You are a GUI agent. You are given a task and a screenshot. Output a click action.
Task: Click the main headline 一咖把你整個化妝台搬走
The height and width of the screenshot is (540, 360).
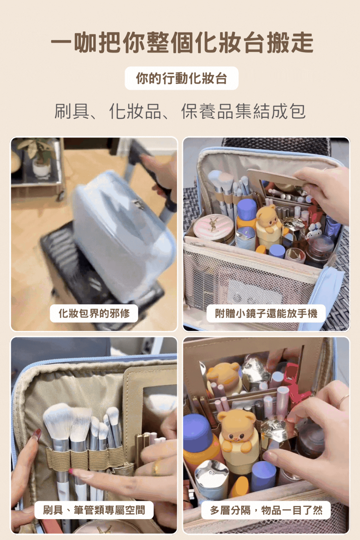pos(182,42)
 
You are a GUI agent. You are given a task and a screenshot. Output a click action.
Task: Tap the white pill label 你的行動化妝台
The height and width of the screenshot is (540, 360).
pos(181,78)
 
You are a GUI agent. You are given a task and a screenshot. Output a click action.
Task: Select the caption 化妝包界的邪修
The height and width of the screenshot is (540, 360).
pos(94,313)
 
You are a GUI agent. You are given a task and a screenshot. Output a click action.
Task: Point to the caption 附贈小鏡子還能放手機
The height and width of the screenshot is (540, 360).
pos(266,313)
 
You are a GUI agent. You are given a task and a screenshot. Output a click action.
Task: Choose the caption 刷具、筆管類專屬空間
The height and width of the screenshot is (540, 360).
pos(94,510)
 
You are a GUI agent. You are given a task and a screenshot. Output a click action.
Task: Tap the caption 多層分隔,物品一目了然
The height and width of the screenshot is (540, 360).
pos(266,510)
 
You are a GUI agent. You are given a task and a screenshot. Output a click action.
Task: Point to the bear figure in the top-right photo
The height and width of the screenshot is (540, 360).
pos(269,220)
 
